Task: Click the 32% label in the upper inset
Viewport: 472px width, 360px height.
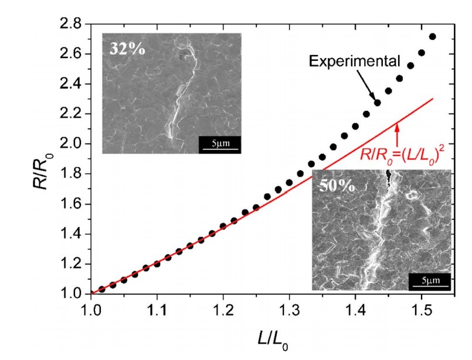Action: click(128, 48)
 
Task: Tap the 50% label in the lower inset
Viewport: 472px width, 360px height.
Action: click(336, 188)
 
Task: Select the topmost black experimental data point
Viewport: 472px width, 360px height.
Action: click(433, 36)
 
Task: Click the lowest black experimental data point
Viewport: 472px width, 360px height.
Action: click(102, 289)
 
